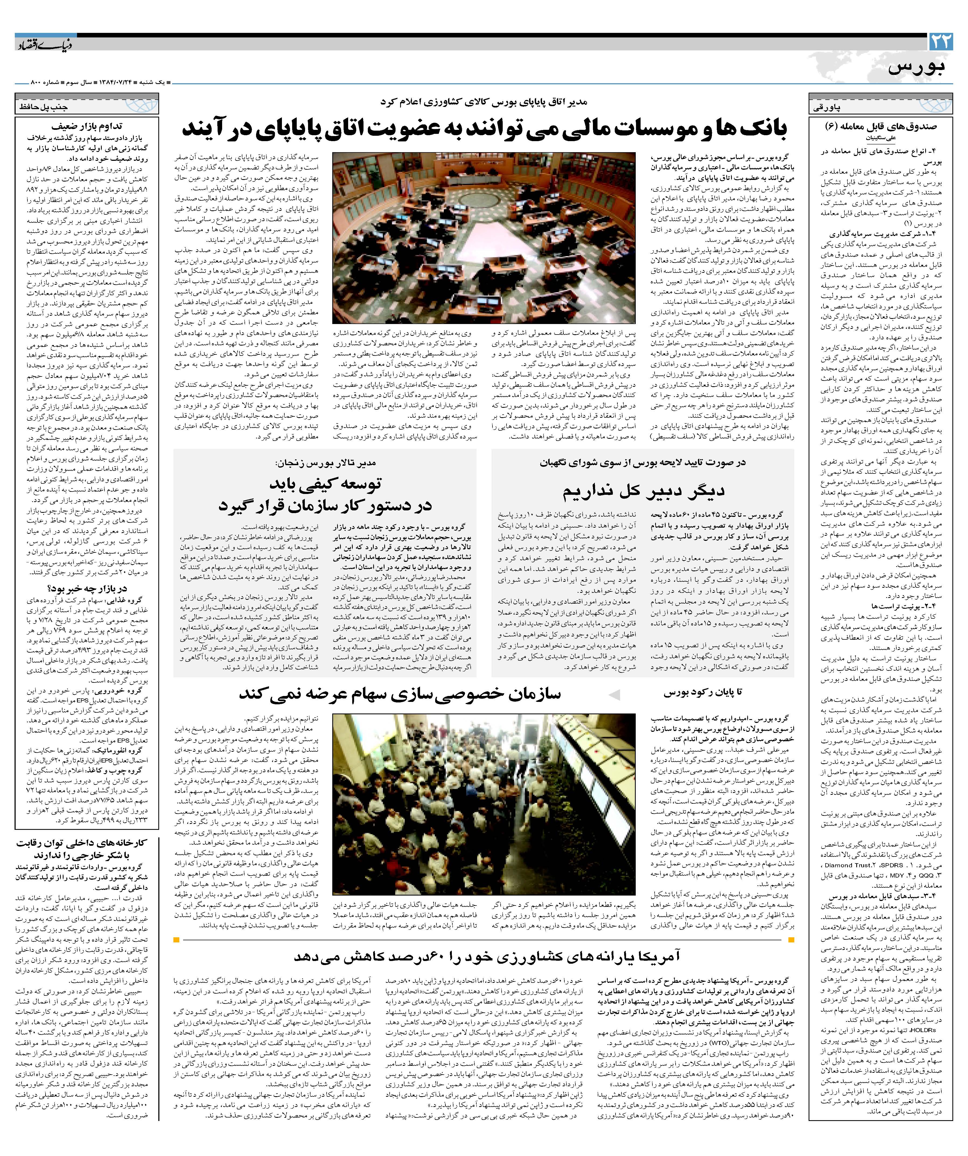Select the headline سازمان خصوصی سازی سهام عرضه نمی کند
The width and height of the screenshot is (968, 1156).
pyautogui.click(x=400, y=694)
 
